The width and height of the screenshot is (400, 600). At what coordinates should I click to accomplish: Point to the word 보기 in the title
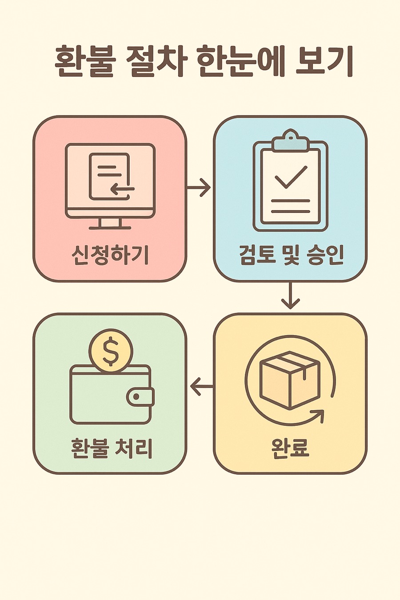tap(324, 62)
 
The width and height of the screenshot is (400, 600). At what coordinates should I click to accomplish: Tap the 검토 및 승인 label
tap(292, 256)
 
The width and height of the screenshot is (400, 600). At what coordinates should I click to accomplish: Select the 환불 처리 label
tap(112, 448)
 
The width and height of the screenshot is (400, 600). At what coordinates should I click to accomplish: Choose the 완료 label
tap(290, 448)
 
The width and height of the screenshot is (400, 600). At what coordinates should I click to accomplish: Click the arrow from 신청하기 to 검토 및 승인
tap(199, 187)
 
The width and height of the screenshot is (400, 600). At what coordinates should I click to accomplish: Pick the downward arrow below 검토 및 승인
tap(290, 296)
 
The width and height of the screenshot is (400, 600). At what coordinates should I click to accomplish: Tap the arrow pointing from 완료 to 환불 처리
tap(201, 386)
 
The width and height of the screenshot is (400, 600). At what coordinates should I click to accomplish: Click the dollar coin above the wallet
tap(111, 351)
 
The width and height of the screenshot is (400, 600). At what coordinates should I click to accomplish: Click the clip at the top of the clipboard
tap(290, 141)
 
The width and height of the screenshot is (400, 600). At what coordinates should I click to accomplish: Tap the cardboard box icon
tap(290, 380)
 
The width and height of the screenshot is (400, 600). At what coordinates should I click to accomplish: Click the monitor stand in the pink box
tap(110, 224)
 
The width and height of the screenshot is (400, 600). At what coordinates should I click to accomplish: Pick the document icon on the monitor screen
tap(110, 176)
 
